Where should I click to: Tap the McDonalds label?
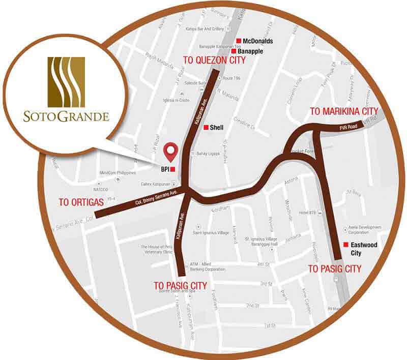[258, 41]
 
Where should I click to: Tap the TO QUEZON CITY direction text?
[214, 61]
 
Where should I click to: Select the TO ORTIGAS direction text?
[81, 202]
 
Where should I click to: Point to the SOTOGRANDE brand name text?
[66, 116]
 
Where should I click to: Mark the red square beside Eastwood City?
[346, 244]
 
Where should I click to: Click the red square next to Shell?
[206, 127]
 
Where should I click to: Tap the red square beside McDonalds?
[238, 41]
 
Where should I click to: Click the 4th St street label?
[263, 264]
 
